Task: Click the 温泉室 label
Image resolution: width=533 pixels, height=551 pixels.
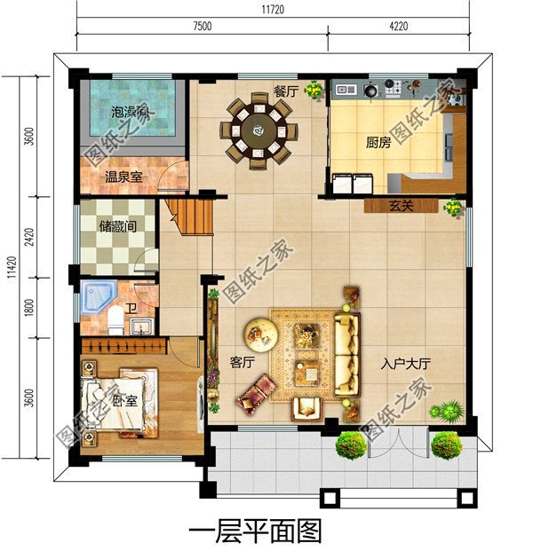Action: point(124,177)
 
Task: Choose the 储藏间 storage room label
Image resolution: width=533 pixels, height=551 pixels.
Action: point(119,226)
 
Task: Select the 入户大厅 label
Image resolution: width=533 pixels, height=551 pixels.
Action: point(406,363)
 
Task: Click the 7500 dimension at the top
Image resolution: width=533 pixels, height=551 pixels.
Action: point(202,27)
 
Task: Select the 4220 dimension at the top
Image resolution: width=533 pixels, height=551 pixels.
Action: point(398,27)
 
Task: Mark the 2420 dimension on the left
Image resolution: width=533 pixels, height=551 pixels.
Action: point(29,238)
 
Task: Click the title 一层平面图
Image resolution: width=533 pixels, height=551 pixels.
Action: point(254,531)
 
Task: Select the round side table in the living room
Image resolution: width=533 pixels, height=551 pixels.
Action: point(261,333)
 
